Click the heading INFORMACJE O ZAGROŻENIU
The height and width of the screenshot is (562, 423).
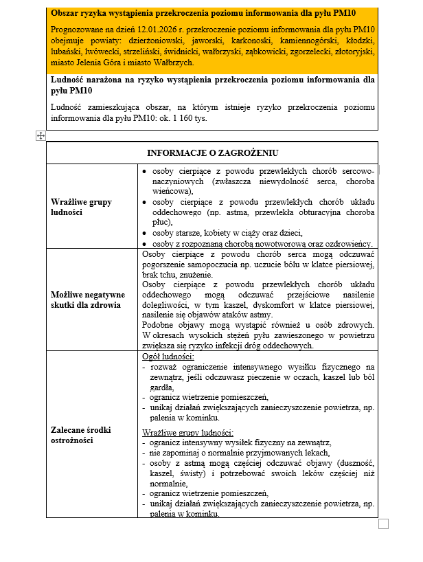pyautogui.click(x=212, y=153)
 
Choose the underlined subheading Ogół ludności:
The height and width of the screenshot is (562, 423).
pyautogui.click(x=168, y=357)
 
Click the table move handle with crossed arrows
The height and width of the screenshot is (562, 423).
pyautogui.click(x=41, y=136)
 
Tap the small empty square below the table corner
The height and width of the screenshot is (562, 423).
pyautogui.click(x=383, y=524)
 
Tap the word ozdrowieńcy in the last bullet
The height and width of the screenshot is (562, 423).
pyautogui.click(x=348, y=243)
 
